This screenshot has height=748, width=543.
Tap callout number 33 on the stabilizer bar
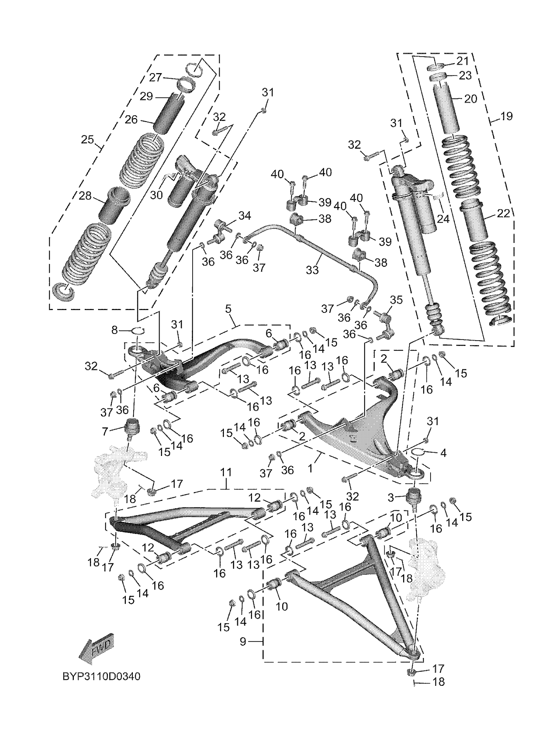click(312, 270)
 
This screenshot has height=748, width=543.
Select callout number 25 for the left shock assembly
click(88, 140)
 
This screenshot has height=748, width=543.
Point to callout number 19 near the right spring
click(506, 116)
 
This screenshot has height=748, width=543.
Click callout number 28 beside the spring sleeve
click(85, 196)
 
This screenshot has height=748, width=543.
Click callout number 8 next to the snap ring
click(114, 330)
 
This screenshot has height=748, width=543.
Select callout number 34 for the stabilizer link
click(244, 216)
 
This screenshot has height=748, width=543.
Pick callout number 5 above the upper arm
click(228, 309)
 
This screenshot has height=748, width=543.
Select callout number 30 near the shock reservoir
click(157, 195)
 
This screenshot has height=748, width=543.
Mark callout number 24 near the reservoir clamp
click(443, 218)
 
